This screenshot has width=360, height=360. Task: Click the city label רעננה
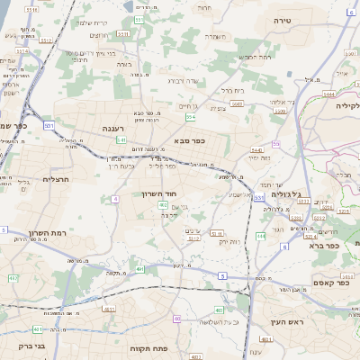114,128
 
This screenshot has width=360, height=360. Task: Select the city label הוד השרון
157,193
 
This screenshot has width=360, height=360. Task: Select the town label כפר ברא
321,245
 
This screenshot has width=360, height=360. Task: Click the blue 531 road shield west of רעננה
49,127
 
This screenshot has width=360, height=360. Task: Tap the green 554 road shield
191,117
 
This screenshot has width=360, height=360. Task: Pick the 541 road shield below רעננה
121,140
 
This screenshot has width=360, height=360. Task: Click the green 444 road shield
260,236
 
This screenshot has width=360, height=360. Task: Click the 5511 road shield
140,18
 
